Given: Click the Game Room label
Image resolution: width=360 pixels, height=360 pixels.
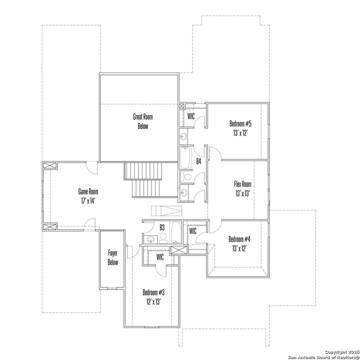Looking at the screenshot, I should click(87, 191).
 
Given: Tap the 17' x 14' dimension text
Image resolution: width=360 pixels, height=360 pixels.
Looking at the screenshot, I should click(87, 200).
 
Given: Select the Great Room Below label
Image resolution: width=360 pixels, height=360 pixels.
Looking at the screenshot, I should click(143, 121).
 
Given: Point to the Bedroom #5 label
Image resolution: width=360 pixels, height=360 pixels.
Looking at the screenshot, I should click(240, 123).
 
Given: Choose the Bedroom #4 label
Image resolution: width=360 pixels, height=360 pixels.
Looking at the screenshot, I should click(239, 238).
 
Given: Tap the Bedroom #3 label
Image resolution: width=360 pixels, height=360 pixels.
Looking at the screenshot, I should click(153, 292).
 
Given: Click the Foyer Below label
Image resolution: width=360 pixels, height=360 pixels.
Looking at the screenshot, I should click(113, 257).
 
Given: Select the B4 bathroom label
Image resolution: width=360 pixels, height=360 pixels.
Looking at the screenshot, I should click(198, 161).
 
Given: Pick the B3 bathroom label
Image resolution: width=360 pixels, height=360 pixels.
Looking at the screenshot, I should click(161, 227).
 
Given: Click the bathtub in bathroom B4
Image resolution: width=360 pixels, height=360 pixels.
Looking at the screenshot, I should click(185, 158).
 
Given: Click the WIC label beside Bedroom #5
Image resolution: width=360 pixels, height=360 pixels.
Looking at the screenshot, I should click(190, 116).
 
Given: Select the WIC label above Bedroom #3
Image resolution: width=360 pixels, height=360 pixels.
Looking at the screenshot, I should click(160, 256).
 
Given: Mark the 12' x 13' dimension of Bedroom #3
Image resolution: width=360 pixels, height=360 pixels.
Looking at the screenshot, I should click(153, 301).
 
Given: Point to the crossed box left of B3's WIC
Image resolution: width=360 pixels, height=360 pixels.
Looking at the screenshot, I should click(177, 251).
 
